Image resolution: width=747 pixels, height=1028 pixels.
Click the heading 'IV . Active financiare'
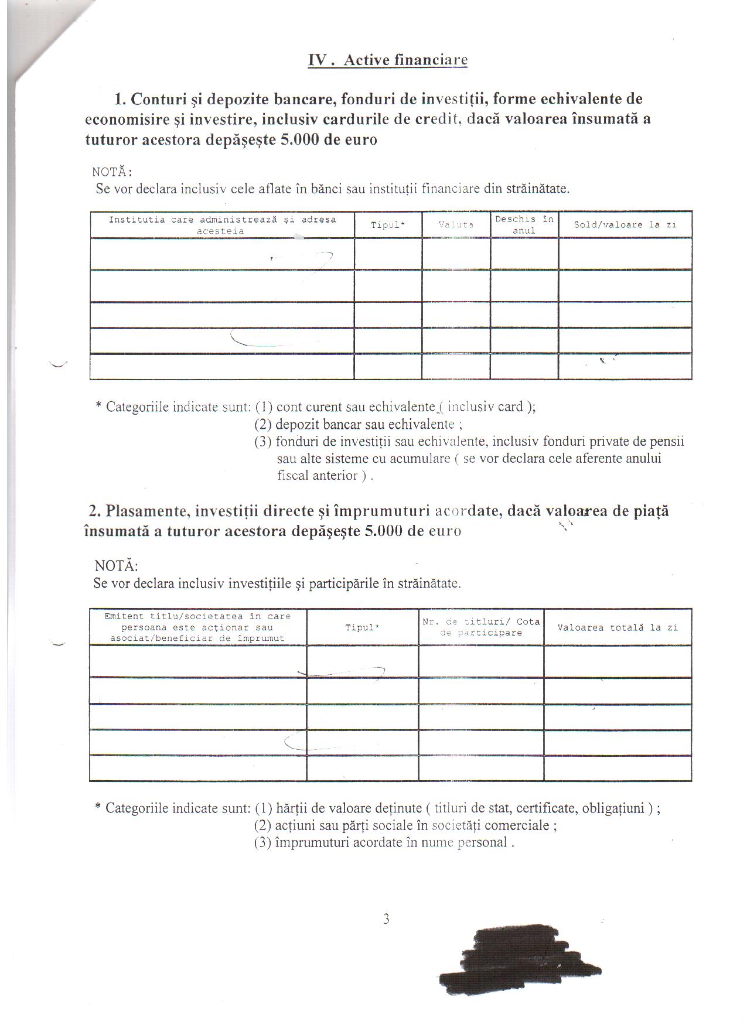point(388,60)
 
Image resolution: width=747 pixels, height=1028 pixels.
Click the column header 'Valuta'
point(456,224)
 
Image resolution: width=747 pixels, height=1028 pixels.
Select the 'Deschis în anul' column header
point(524,224)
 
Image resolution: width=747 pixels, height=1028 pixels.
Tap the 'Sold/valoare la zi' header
point(625,224)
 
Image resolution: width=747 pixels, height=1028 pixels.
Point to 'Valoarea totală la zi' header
point(618,627)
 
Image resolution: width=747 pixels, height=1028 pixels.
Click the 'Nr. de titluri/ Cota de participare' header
point(481,627)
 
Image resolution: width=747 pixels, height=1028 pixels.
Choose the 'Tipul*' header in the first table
point(388,224)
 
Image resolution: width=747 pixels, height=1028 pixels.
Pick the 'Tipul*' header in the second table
point(362,627)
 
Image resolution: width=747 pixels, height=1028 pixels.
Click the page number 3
point(386,918)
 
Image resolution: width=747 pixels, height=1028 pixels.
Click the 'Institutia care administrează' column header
point(222,225)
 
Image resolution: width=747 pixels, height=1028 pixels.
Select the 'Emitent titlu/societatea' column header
point(197,627)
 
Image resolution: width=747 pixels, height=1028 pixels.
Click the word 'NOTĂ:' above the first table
point(112,172)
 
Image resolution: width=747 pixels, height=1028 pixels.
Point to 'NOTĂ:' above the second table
point(116,566)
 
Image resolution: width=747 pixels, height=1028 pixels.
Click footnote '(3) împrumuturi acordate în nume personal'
point(384,842)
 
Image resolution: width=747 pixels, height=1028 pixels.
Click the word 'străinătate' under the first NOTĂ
point(537,189)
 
